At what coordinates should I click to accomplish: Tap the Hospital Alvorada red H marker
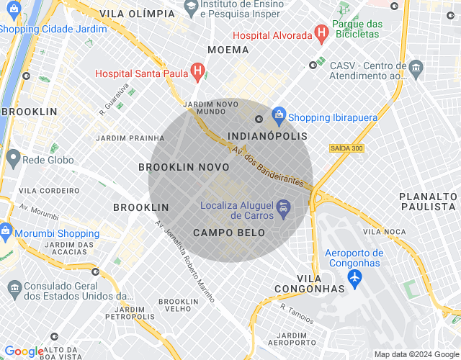tap(321, 32)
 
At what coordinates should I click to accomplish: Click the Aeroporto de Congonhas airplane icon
tap(354, 280)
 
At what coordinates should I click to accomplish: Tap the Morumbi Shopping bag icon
tap(6, 232)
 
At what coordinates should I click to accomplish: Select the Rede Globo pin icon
tap(12, 158)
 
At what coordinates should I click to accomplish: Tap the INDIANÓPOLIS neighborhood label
tap(267, 136)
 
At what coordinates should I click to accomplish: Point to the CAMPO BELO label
tap(229, 233)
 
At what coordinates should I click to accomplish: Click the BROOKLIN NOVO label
tap(184, 167)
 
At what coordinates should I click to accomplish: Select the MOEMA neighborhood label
tap(228, 50)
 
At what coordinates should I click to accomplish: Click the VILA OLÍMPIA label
tap(137, 14)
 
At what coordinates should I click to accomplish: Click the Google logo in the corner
tap(24, 351)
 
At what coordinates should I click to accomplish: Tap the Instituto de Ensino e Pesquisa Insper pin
tap(192, 9)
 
